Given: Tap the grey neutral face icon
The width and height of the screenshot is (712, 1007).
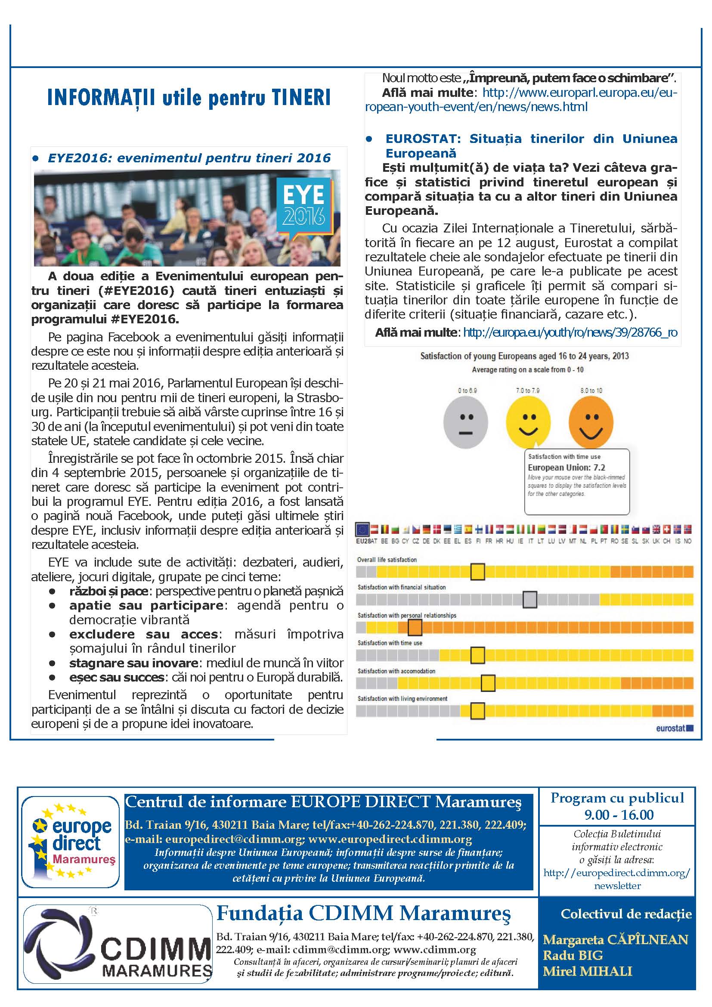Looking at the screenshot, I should pyautogui.click(x=466, y=422).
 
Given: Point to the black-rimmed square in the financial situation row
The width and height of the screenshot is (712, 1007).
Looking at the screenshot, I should pyautogui.click(x=529, y=599).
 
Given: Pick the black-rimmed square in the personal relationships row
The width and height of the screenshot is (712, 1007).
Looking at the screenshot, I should pyautogui.click(x=415, y=627).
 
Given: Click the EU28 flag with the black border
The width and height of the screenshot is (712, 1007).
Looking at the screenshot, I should pyautogui.click(x=362, y=530).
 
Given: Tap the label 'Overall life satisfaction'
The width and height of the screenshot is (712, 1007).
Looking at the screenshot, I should pyautogui.click(x=387, y=560).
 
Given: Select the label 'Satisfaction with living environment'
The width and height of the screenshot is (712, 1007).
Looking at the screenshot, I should pyautogui.click(x=402, y=699).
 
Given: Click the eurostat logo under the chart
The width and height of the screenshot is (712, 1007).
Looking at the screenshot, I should pyautogui.click(x=674, y=728).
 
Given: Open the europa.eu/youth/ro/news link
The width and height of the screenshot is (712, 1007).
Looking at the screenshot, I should pyautogui.click(x=570, y=332).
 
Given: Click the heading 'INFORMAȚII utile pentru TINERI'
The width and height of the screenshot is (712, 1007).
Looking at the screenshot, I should pyautogui.click(x=189, y=98).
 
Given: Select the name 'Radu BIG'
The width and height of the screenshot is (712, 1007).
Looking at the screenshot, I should pyautogui.click(x=573, y=955).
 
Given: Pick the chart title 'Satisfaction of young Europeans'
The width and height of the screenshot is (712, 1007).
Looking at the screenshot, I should pyautogui.click(x=524, y=356).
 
